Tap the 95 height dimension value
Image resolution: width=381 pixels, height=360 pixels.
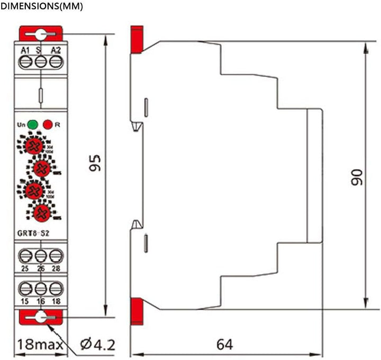(x=95, y=163)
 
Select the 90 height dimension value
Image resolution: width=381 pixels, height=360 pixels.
(x=358, y=177)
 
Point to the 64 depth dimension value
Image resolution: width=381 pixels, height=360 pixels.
(x=224, y=344)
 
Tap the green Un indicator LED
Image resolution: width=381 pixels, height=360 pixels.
(x=33, y=125)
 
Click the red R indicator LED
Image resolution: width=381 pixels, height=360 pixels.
(x=48, y=125)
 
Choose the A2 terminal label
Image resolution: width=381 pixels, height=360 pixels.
(x=56, y=50)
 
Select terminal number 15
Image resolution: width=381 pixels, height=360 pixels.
(x=25, y=301)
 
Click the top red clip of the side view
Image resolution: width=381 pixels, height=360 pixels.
(x=137, y=39)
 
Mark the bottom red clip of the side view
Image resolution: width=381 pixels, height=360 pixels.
(x=137, y=308)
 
